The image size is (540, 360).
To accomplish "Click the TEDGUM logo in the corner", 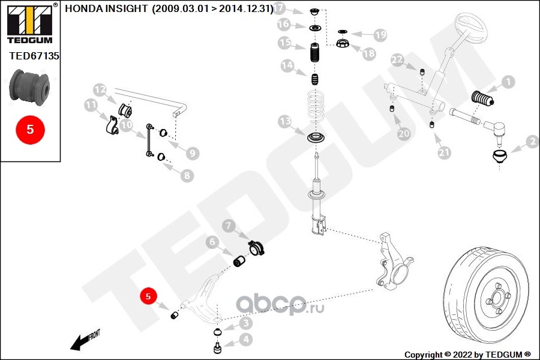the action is [31, 23].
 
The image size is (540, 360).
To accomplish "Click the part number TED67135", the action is [34, 56].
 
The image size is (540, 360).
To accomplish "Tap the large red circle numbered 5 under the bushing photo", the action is [31, 130].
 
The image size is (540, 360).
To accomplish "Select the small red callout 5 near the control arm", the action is [148, 296].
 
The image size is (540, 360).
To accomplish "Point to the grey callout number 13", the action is [285, 122].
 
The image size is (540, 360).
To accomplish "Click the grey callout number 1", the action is [508, 82].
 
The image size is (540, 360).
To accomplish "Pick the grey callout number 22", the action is [397, 60].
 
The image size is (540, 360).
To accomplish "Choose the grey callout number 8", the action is [187, 176].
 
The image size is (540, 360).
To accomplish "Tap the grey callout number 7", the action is [229, 226].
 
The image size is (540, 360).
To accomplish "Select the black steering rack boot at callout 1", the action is [482, 98].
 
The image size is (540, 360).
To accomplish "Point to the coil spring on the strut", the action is [316, 107].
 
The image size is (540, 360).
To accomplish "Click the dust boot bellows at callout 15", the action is [314, 52].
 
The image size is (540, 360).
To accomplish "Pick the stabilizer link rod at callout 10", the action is [149, 140].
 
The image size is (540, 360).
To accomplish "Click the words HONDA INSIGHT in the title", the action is [106, 8].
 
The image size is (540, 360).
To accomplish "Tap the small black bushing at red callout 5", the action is [175, 315].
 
